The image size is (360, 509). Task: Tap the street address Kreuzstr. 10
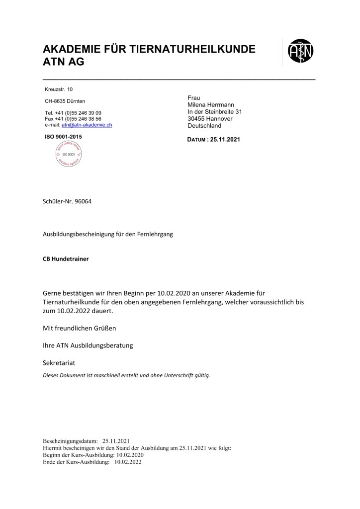pos(58,89)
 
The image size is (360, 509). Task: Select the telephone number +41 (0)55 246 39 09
pos(80,113)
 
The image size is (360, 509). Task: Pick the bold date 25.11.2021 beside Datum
pos(225,140)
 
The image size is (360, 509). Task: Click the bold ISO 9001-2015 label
pos(63,136)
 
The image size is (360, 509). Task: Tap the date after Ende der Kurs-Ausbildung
pos(128,461)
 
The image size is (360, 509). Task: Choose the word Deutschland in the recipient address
pos(204,126)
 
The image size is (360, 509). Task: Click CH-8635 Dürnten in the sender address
pos(65,101)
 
